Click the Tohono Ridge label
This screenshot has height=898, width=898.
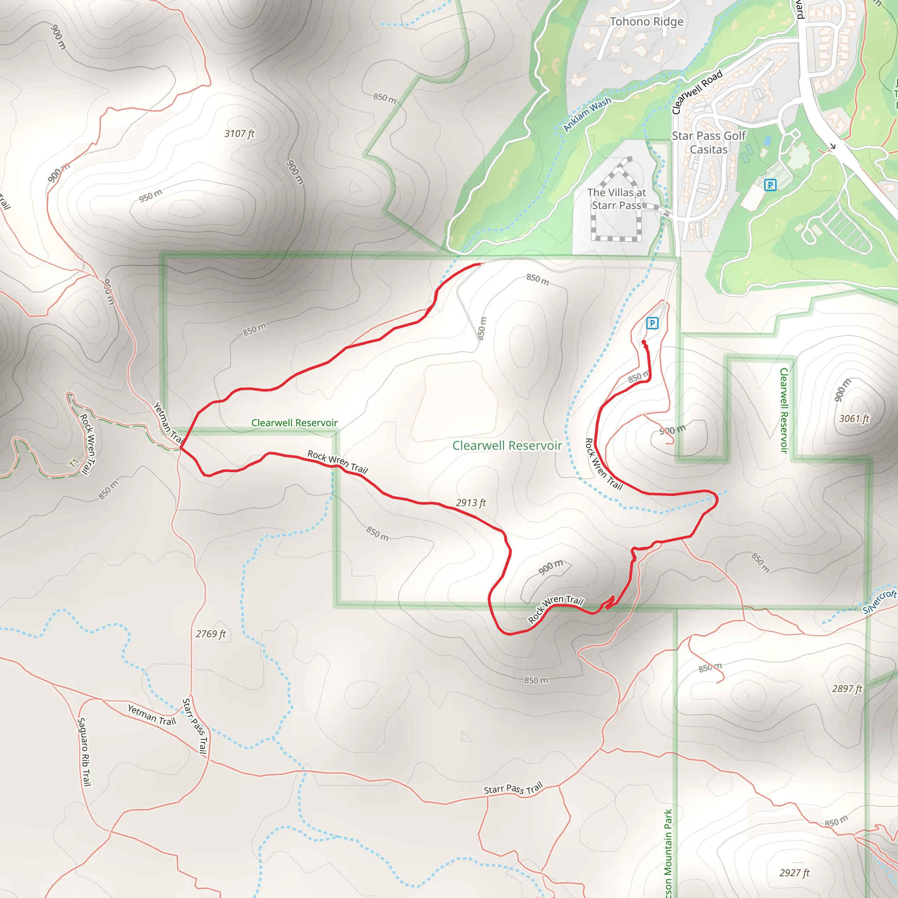pos(647,22)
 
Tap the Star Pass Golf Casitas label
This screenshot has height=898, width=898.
pos(709,143)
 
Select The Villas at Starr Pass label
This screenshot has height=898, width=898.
pos(616,199)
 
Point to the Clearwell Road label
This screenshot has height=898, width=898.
pos(697,92)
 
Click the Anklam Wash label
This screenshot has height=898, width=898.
pos(587,114)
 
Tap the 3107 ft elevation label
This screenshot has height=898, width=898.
pos(239,134)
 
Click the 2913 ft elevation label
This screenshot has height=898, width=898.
pos(470,503)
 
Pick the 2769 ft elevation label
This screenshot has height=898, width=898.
pos(210,634)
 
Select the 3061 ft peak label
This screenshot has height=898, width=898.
pos(854,419)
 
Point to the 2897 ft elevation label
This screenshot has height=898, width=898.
pos(847,689)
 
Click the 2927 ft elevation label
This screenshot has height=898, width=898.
pos(795,873)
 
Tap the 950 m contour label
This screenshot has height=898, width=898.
pos(150,196)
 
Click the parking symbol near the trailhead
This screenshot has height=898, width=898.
pos(652,323)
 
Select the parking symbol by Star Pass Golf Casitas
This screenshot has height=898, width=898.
pos(770,185)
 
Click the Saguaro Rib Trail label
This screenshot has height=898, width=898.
pos(84,752)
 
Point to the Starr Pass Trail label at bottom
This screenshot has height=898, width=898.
pos(513,789)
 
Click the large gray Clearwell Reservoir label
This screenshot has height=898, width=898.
pos(507,446)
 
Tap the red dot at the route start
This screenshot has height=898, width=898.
pos(644,342)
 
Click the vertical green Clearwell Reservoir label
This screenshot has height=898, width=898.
pos(784,410)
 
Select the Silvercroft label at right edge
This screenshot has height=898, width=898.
pos(880,602)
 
